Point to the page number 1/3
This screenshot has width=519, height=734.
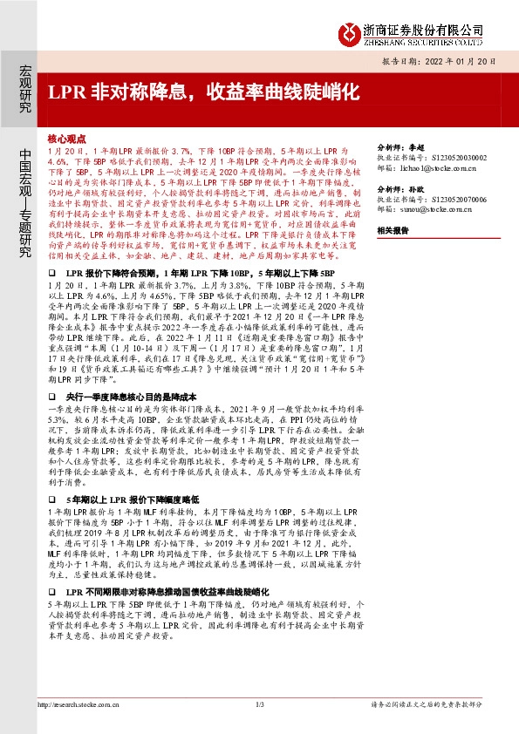click(x=259, y=704)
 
